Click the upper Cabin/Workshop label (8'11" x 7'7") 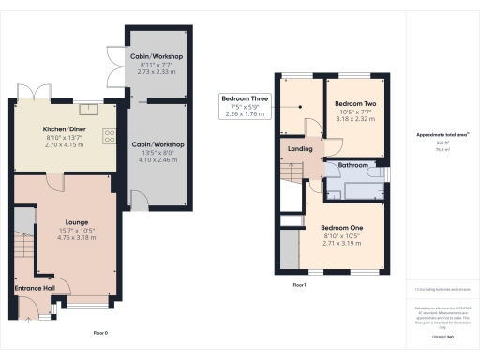(x=157, y=56)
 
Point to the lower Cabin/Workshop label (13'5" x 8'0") (x=157, y=144)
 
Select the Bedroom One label (x=340, y=227)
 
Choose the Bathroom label (x=352, y=165)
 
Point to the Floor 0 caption (x=100, y=333)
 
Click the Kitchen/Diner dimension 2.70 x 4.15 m (x=65, y=146)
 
